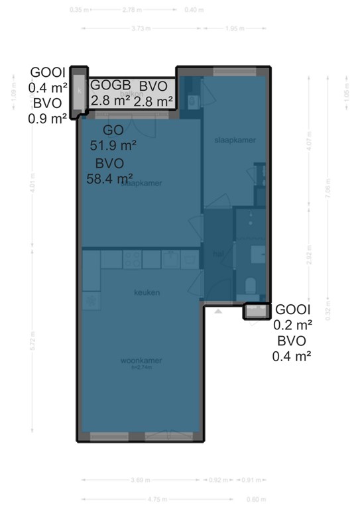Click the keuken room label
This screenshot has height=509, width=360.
[147, 292]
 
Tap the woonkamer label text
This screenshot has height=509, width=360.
[141, 361]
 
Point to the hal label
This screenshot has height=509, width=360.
[217, 254]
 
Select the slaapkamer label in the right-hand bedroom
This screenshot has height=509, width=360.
[235, 141]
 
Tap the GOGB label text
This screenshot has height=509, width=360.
[110, 85]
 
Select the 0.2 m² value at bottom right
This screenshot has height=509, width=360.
[292, 325]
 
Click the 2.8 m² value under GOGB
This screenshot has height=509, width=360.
[110, 101]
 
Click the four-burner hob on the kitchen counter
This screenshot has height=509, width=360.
[132, 259]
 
